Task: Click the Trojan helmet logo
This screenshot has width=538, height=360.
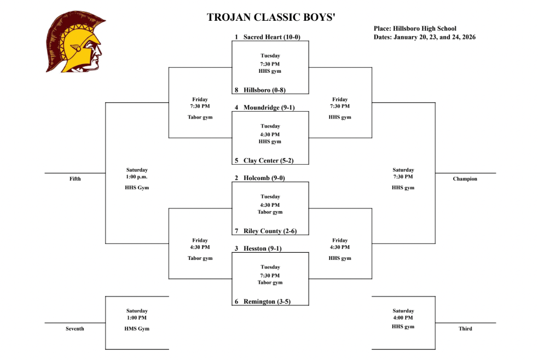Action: [75, 42]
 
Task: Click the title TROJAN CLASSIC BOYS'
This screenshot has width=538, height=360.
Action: [271, 18]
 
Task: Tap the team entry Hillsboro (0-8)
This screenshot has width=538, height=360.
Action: [264, 90]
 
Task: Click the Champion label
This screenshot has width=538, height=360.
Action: [465, 179]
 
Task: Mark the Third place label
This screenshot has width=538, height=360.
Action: [465, 329]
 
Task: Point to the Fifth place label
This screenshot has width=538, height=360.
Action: [75, 179]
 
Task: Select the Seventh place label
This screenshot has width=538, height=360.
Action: [75, 329]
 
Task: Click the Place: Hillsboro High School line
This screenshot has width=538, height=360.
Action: [415, 28]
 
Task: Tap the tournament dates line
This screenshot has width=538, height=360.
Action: [425, 37]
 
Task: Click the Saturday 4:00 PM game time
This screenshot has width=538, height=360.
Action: [403, 315]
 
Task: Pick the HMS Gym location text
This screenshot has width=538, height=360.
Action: [137, 329]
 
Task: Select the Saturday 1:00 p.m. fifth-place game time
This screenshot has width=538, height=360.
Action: [137, 173]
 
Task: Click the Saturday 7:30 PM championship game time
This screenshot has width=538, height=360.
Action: [403, 173]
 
